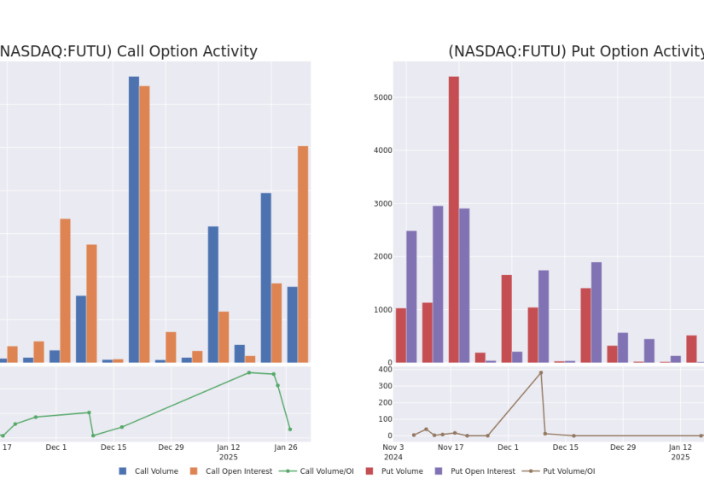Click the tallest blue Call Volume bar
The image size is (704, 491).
click(x=134, y=219)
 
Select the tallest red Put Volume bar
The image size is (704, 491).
click(x=453, y=219)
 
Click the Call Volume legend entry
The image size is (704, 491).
click(x=148, y=471)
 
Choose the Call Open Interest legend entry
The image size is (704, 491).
click(x=231, y=471)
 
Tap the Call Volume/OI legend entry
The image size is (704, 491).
click(x=317, y=471)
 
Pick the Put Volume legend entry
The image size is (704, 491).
click(x=394, y=471)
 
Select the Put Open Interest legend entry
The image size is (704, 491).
click(x=475, y=471)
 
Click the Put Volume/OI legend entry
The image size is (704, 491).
click(x=559, y=471)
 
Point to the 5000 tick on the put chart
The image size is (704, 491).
click(x=383, y=97)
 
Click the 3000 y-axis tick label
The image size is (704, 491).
click(x=383, y=203)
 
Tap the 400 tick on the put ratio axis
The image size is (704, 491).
click(x=386, y=369)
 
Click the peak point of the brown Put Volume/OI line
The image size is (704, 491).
click(x=540, y=373)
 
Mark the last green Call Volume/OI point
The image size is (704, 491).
click(x=290, y=430)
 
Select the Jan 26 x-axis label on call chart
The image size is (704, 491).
click(x=286, y=447)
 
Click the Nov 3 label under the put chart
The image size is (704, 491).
click(x=393, y=447)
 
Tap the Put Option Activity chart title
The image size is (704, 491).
click(x=576, y=51)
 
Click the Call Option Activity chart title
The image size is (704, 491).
click(x=128, y=51)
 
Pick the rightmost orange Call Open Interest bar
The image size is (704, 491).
click(x=303, y=254)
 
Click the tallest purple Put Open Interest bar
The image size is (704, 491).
click(x=438, y=284)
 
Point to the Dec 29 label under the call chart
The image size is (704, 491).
click(x=171, y=447)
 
